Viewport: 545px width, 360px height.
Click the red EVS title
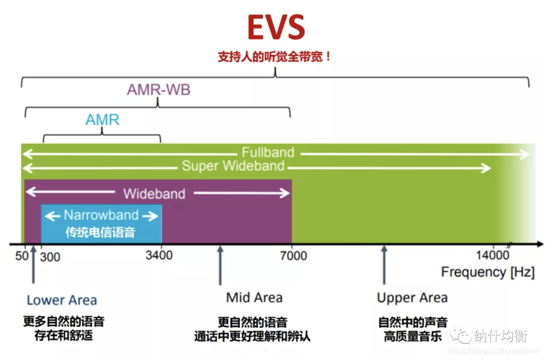point(276,28)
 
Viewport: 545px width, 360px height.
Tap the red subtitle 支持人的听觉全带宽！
point(275,56)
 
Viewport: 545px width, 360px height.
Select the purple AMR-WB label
point(158,90)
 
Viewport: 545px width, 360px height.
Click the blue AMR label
point(102,119)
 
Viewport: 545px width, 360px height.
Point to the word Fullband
point(267,152)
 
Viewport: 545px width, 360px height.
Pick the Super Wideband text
point(233,166)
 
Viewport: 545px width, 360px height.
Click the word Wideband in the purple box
point(154,193)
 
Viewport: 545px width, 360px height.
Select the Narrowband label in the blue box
point(101,215)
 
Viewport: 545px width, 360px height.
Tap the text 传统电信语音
point(100,232)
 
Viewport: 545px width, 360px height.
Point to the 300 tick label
point(50,257)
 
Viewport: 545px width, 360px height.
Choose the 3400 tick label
point(159,256)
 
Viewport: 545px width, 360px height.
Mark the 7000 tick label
point(293,256)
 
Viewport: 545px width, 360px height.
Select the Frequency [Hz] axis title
point(487,273)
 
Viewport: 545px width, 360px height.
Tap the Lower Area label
point(62,300)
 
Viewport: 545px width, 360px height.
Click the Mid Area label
point(254,297)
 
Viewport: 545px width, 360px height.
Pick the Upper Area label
point(412,298)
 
